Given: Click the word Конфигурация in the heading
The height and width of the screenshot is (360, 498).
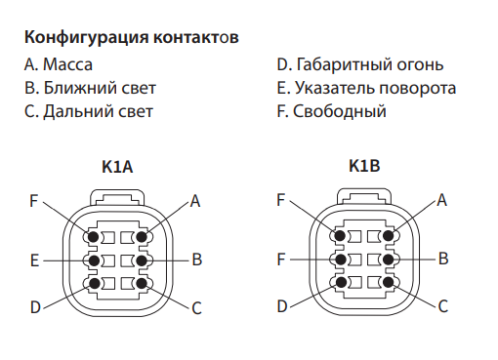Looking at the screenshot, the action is click(x=86, y=38).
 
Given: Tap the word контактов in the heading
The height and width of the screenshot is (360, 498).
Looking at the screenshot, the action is click(x=196, y=37).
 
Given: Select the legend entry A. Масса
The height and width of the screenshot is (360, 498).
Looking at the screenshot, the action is click(x=59, y=64).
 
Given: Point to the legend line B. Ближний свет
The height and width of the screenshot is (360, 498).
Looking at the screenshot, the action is click(x=90, y=88).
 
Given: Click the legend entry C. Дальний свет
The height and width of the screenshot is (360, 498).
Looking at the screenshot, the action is click(x=89, y=111).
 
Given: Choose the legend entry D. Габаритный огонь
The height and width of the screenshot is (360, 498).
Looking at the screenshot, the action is click(x=360, y=64).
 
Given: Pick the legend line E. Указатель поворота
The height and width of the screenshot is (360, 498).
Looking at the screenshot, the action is click(x=366, y=89).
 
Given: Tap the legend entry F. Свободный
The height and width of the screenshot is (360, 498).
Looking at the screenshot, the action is click(x=332, y=111).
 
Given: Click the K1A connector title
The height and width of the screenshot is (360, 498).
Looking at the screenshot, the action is click(x=117, y=167).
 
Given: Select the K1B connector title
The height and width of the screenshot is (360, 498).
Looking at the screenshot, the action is click(x=364, y=166).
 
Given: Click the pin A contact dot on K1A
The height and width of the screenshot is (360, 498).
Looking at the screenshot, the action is click(x=142, y=237).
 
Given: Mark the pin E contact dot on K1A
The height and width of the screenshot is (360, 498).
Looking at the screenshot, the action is click(x=94, y=260).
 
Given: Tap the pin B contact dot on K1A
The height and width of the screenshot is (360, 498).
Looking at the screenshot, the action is click(x=142, y=260).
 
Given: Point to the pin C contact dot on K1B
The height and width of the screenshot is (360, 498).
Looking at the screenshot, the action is click(x=389, y=282).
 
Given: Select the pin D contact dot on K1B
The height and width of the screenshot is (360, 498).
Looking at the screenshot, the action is click(x=341, y=282).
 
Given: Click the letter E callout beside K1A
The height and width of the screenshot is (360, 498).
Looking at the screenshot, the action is click(x=34, y=260).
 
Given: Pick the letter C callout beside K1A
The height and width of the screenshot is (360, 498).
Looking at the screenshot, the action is click(x=196, y=308).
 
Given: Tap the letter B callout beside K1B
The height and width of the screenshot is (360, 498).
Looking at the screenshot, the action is click(x=443, y=259).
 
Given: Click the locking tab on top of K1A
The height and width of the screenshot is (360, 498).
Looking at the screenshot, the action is click(x=117, y=197).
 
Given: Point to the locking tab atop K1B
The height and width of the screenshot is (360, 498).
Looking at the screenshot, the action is click(x=364, y=196).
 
